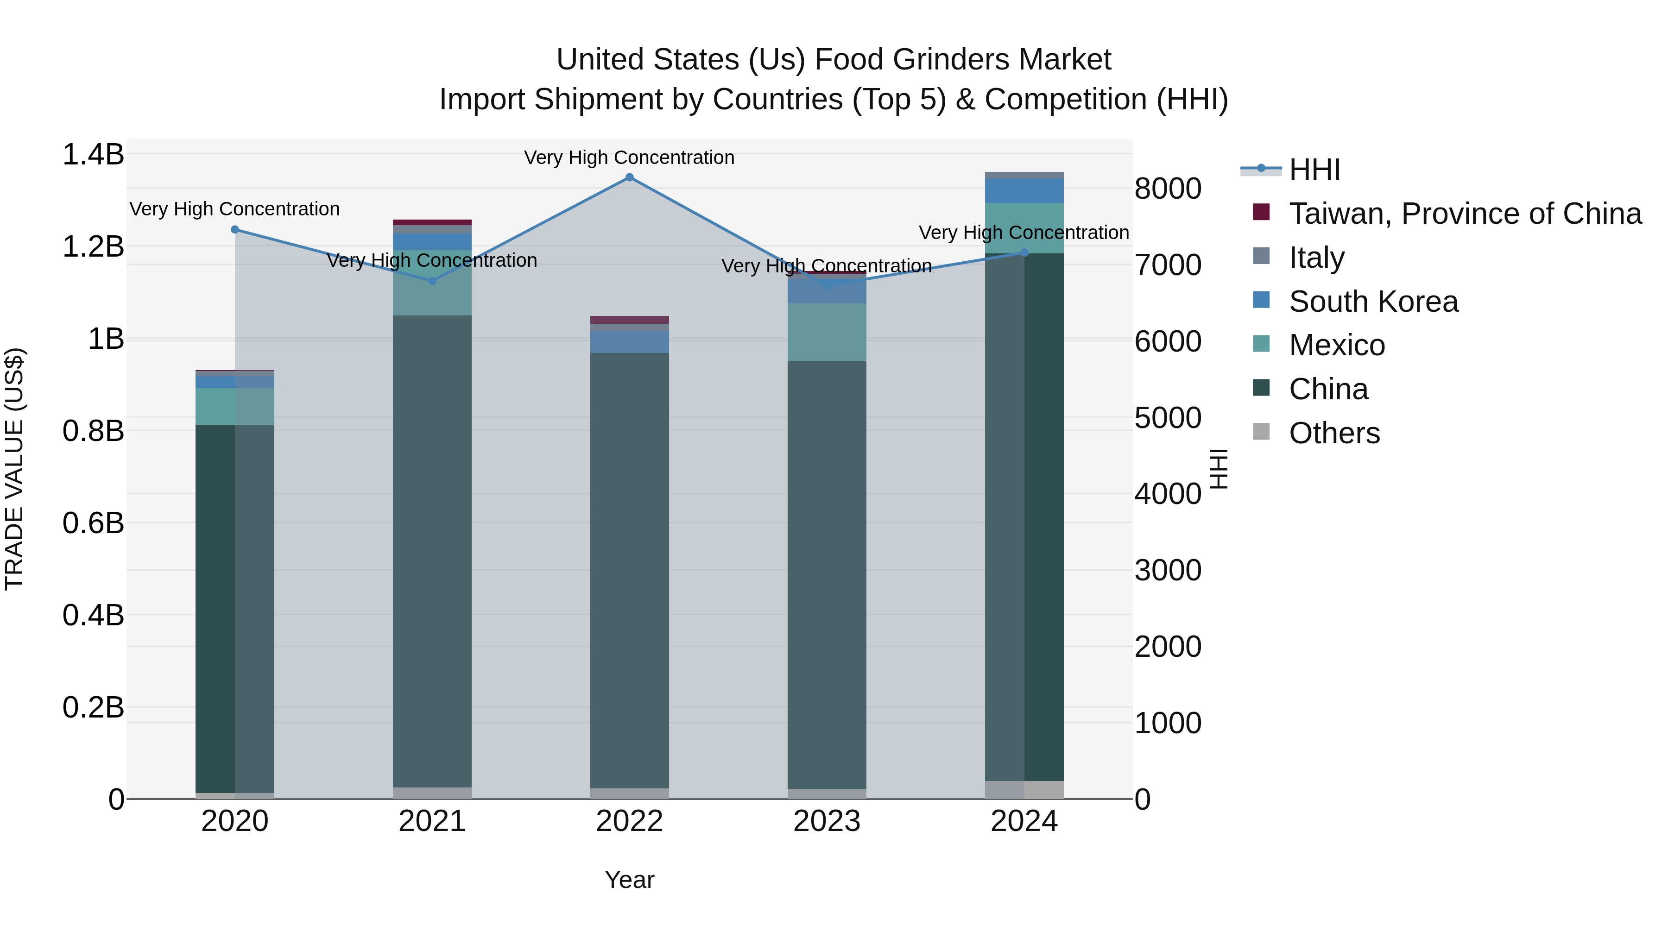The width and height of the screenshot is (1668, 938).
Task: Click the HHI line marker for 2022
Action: tap(629, 177)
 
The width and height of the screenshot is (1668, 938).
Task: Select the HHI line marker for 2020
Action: tap(235, 230)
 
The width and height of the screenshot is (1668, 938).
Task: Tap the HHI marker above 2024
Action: tap(1024, 253)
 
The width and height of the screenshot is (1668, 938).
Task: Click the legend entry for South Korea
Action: tap(1373, 302)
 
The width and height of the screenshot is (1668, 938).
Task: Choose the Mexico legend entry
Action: tap(1336, 345)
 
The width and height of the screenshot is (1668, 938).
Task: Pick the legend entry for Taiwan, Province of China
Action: tap(1465, 214)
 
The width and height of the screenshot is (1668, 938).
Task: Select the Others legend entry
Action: tap(1334, 433)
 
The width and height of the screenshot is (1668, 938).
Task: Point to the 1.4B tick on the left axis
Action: tap(93, 155)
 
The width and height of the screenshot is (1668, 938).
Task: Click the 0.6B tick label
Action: tap(93, 523)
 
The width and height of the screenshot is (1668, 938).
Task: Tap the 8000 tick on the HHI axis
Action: tap(1168, 189)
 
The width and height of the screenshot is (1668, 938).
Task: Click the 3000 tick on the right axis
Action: tap(1168, 570)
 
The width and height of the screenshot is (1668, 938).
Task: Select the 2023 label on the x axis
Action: tap(827, 821)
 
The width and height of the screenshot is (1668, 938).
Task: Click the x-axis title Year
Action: tap(629, 880)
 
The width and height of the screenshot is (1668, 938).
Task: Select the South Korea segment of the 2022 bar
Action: tap(629, 342)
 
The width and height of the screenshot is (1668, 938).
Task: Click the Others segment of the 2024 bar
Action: tap(1024, 790)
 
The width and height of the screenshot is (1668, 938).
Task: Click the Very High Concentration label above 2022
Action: tap(629, 157)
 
